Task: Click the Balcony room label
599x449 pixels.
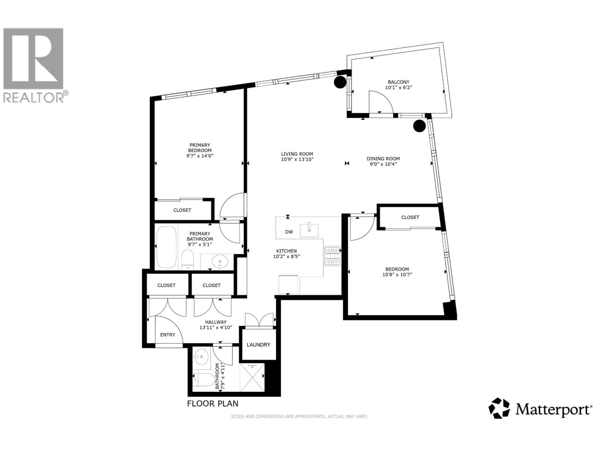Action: coord(398,82)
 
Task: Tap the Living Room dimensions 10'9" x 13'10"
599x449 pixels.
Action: coord(297,159)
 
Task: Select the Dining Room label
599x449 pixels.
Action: coord(383,159)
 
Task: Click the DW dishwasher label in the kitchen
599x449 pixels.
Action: coord(289,232)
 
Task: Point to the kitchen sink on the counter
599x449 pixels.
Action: coord(309,230)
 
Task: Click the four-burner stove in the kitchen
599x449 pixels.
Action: coord(332,256)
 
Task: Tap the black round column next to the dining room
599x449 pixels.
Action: coord(419,126)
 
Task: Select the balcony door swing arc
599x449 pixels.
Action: coord(380,101)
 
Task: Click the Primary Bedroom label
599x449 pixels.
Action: coord(200,147)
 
